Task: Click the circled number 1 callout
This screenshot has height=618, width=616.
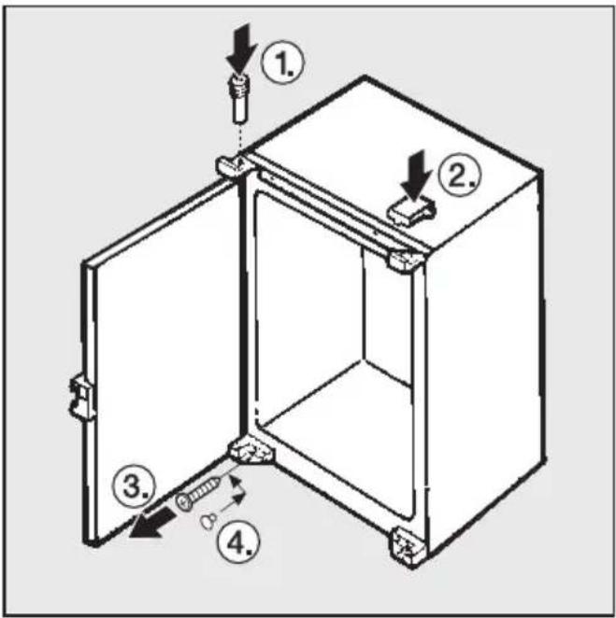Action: click(x=284, y=63)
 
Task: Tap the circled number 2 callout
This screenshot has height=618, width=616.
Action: click(x=460, y=176)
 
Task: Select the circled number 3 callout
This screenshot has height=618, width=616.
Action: click(x=134, y=485)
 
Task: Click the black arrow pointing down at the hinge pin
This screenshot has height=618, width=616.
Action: click(x=241, y=48)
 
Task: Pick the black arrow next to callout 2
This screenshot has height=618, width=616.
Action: click(x=417, y=175)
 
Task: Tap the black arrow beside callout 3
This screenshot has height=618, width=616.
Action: click(x=152, y=523)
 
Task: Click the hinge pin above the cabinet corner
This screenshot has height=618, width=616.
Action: click(x=239, y=99)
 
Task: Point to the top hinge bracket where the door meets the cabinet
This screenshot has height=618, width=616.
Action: click(x=234, y=165)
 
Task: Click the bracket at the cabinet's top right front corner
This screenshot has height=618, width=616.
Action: click(x=407, y=260)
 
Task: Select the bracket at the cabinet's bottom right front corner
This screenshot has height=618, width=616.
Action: click(x=408, y=546)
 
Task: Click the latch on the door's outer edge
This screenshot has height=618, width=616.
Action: click(x=82, y=397)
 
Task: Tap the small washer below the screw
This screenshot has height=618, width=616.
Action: click(x=208, y=521)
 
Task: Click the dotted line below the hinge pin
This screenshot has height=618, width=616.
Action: click(x=239, y=139)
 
